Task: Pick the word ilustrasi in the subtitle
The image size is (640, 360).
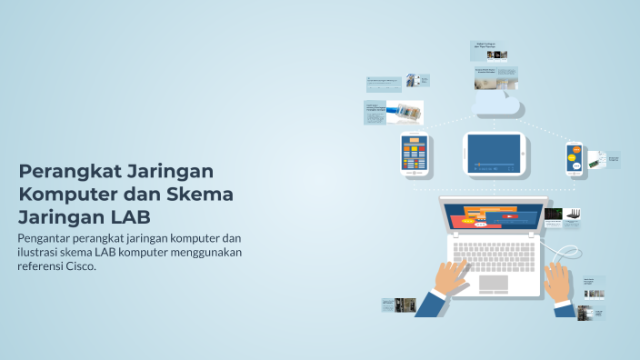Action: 42,253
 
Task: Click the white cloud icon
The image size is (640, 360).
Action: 495,104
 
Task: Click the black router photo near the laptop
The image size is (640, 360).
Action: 575,216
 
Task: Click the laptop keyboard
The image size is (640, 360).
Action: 495,253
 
